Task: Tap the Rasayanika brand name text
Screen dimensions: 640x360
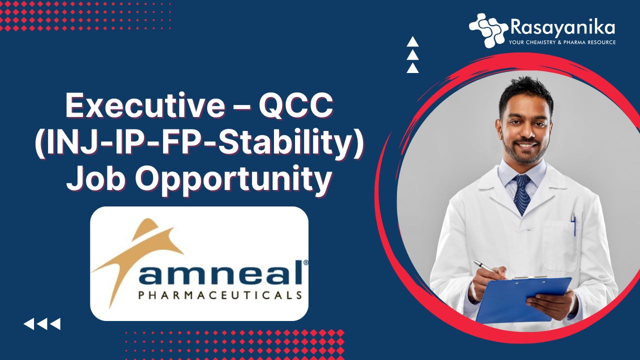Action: [562, 28]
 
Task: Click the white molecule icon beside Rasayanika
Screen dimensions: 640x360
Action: [488, 30]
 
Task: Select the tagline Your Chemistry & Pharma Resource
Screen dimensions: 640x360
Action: [562, 42]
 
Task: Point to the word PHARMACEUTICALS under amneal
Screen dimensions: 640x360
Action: [220, 295]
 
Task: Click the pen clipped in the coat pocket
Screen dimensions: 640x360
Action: [573, 224]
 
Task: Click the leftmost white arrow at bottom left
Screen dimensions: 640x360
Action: [29, 324]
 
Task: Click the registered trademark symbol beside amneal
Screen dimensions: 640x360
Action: [305, 262]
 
